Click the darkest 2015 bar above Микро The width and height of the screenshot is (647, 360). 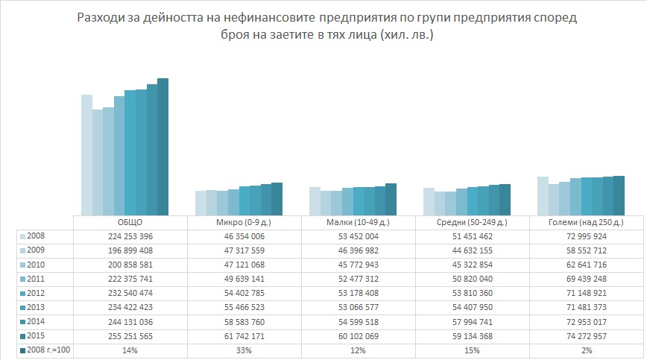[x=277, y=198]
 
